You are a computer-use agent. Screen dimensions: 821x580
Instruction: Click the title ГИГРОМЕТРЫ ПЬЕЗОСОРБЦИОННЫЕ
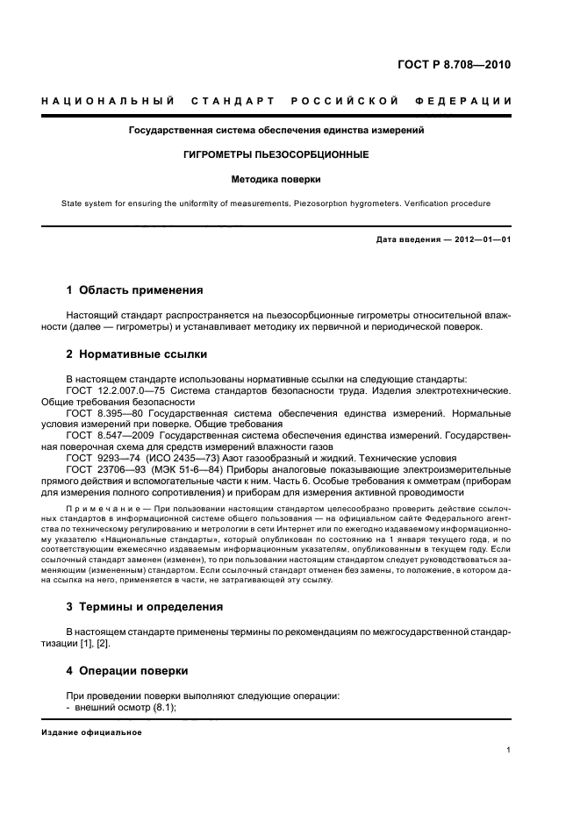[x=277, y=154]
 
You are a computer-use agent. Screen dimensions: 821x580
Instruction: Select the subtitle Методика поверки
[x=276, y=179]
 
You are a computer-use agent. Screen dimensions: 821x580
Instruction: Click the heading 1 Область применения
[x=135, y=289]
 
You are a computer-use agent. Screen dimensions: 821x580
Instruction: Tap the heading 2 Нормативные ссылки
[x=138, y=354]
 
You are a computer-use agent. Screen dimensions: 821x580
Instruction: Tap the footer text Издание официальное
[x=91, y=732]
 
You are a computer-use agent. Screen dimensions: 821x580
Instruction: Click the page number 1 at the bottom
[x=509, y=750]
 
